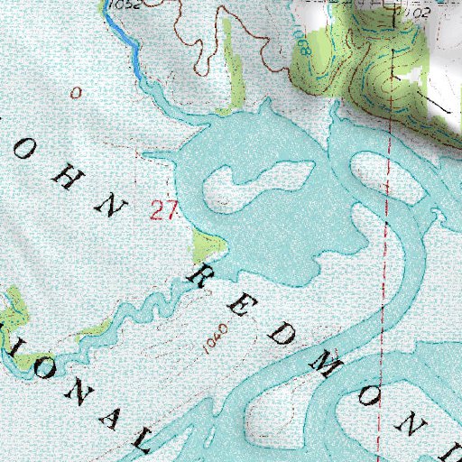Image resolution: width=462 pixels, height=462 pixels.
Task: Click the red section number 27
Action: click(x=162, y=211)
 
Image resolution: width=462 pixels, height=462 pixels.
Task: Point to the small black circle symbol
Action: click(x=76, y=92)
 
